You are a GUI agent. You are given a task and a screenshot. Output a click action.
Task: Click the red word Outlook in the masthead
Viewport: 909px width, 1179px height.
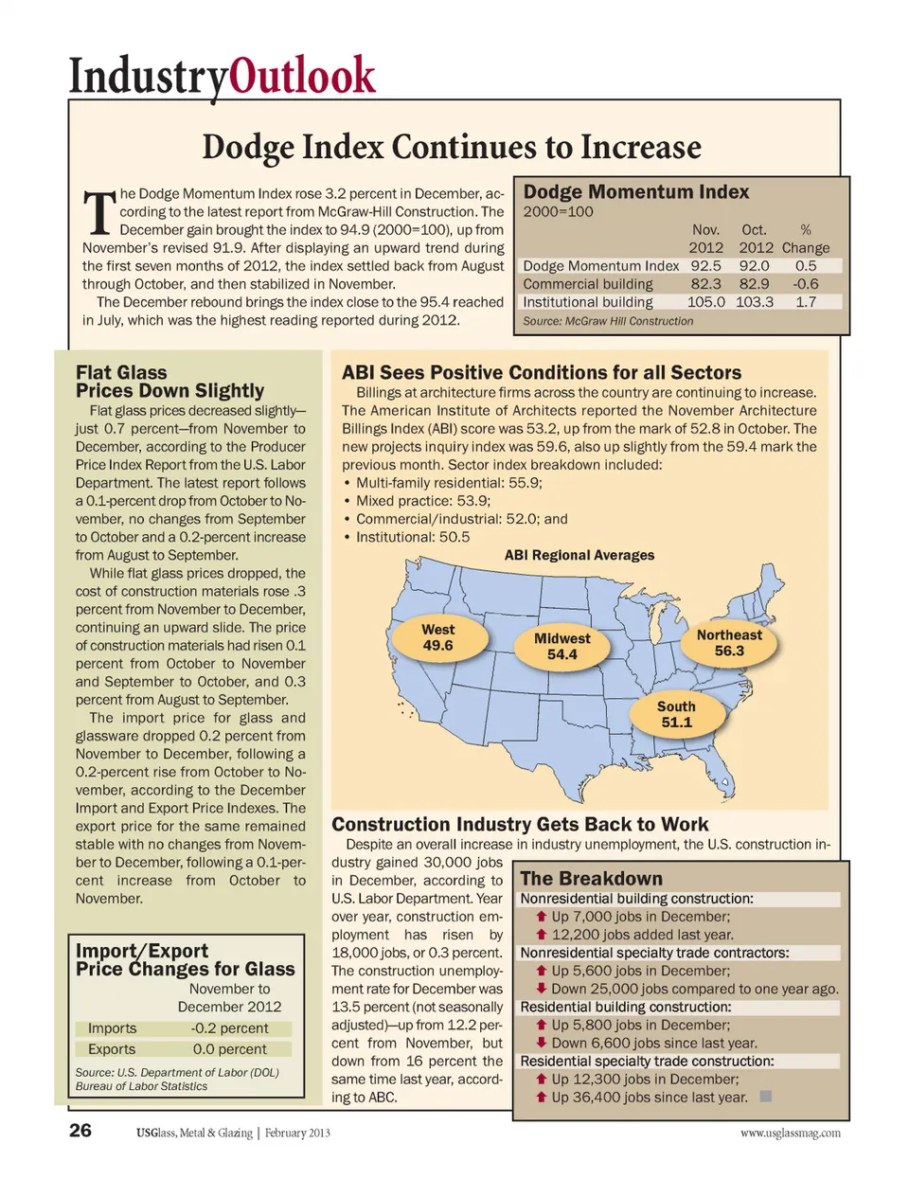click(302, 76)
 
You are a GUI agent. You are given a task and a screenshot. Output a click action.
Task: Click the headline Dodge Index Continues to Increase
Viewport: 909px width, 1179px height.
click(452, 147)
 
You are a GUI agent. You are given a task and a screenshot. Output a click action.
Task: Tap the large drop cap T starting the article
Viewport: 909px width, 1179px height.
click(98, 213)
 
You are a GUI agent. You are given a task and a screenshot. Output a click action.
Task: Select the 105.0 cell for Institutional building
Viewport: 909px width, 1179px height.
click(705, 302)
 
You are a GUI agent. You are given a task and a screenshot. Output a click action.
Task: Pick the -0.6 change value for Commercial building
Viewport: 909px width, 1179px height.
click(806, 284)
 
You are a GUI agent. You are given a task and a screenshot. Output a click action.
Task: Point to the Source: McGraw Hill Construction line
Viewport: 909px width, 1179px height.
click(608, 321)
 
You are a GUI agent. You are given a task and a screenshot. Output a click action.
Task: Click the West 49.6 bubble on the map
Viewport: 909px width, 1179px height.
click(437, 637)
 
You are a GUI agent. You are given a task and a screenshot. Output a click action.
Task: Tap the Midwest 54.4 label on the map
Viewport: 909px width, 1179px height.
click(561, 647)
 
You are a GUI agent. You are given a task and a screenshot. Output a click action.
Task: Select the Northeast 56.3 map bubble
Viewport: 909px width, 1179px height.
click(729, 643)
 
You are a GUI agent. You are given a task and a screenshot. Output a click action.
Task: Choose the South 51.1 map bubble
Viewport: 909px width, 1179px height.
click(676, 715)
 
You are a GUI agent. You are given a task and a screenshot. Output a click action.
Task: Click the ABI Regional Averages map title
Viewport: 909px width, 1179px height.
click(579, 556)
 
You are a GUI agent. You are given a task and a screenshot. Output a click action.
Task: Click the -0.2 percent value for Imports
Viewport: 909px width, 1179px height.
click(229, 1028)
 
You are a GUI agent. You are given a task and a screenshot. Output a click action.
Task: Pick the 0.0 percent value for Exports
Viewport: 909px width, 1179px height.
click(229, 1049)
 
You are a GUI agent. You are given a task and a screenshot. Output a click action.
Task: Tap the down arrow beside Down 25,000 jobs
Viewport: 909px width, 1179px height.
click(542, 989)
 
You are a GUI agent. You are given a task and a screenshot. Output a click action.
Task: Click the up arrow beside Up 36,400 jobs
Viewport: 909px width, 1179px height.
click(542, 1098)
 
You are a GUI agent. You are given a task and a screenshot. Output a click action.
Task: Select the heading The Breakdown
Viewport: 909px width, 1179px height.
click(591, 879)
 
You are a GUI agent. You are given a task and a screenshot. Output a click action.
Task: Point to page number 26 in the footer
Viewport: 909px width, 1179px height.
click(80, 1131)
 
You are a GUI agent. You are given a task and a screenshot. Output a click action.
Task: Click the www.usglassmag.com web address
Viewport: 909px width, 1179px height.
click(790, 1133)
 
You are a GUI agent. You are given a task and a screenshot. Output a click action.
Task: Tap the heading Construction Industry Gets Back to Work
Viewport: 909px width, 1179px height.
click(520, 825)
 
